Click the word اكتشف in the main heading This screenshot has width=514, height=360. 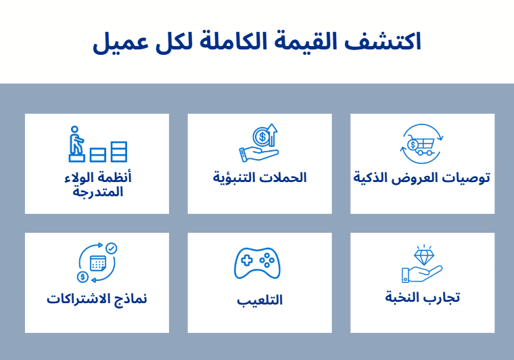(383, 42)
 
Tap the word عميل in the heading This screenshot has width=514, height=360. (121, 43)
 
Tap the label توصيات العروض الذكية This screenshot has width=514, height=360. (421, 178)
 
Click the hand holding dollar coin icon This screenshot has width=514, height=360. (258, 143)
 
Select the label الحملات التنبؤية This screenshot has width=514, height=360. (260, 178)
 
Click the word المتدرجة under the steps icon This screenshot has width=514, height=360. (97, 192)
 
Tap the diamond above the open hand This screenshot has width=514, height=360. (424, 256)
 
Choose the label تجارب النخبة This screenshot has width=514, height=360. (422, 298)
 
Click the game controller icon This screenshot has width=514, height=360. (257, 263)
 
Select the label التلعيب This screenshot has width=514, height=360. (260, 300)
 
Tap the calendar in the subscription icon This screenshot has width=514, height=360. (97, 263)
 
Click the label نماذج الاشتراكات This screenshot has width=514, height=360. (97, 299)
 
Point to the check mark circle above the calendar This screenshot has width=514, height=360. (112, 248)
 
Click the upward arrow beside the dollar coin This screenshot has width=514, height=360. (272, 135)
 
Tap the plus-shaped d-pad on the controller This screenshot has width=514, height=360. (247, 261)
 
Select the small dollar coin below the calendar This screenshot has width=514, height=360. (83, 277)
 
